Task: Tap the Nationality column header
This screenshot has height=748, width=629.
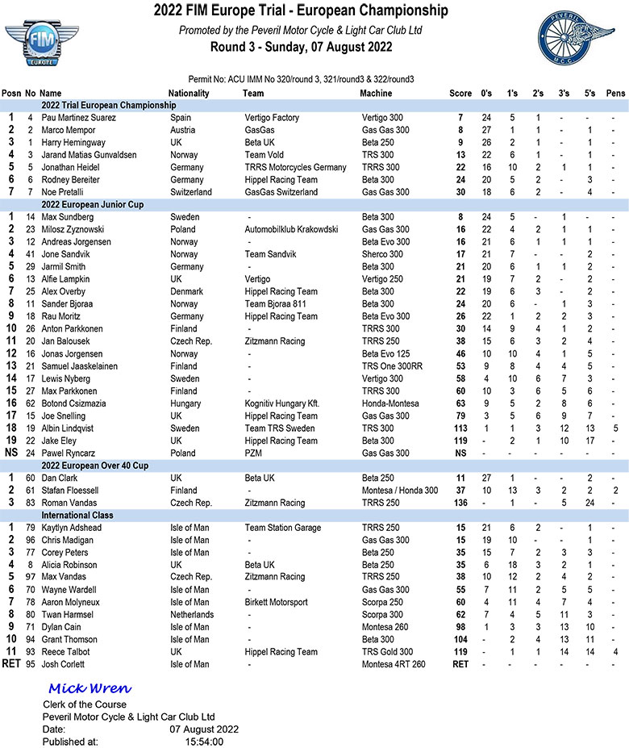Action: (190, 93)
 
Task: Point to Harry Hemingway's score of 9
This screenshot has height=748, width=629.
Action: (459, 142)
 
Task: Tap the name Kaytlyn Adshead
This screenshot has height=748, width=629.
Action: (72, 528)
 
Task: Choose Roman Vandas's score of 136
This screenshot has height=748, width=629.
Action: (459, 503)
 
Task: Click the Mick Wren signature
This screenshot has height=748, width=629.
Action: (90, 688)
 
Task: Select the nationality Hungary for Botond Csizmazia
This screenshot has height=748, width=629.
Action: (187, 403)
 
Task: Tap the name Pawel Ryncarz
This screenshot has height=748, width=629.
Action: (68, 453)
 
